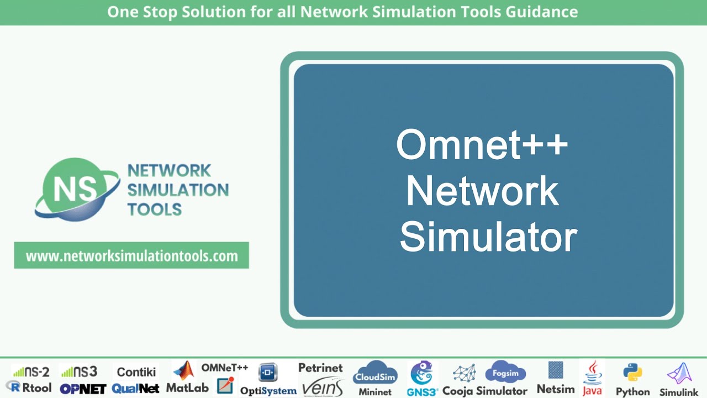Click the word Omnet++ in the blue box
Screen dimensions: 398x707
tap(482, 145)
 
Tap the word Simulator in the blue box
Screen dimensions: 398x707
tap(488, 238)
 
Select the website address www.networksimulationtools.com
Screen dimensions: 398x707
tap(131, 256)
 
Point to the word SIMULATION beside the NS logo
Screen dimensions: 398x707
tap(178, 190)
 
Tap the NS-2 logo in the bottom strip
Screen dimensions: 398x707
tap(31, 371)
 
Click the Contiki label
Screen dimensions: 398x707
tap(136, 371)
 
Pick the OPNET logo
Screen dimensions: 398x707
tap(83, 389)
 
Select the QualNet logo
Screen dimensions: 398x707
tap(135, 389)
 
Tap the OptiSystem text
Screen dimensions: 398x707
tap(268, 390)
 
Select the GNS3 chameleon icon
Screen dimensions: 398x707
tap(421, 373)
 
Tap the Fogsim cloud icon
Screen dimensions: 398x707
tap(505, 372)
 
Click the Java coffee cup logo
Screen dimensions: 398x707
tap(593, 371)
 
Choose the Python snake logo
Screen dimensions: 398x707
tap(632, 372)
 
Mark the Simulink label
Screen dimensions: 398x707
tap(679, 392)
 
